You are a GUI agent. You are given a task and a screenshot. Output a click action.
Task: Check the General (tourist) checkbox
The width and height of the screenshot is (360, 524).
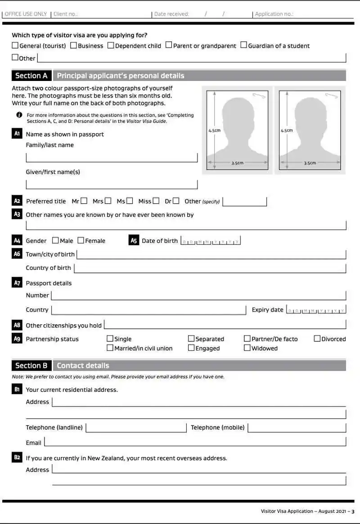pyautogui.click(x=15, y=45)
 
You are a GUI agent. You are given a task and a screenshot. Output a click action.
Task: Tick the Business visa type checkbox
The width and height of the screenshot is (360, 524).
pyautogui.click(x=73, y=45)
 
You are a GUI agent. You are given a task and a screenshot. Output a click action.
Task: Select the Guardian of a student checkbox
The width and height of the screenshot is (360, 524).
pyautogui.click(x=243, y=45)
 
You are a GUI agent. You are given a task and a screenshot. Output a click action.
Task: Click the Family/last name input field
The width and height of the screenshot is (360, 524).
pyautogui.click(x=112, y=157)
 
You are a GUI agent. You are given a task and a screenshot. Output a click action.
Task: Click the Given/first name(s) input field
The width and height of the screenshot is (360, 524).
pyautogui.click(x=112, y=184)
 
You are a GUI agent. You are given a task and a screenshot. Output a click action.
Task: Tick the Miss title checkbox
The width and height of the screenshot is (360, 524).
pyautogui.click(x=156, y=201)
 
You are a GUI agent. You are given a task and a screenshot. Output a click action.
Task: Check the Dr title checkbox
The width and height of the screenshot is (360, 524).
pyautogui.click(x=176, y=201)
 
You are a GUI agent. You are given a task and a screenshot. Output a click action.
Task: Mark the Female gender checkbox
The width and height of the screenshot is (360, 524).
pyautogui.click(x=81, y=241)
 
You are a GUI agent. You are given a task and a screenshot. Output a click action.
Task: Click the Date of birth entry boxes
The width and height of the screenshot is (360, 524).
pyautogui.click(x=211, y=241)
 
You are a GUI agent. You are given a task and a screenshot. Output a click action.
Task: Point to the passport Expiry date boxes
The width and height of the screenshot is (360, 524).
pyautogui.click(x=316, y=310)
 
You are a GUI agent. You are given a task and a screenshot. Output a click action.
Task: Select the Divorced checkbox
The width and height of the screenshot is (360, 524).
pyautogui.click(x=317, y=339)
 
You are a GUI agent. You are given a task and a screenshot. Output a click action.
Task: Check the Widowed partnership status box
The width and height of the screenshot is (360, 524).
pyautogui.click(x=247, y=348)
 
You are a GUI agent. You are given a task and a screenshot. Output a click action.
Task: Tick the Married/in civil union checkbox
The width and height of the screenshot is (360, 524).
pyautogui.click(x=110, y=348)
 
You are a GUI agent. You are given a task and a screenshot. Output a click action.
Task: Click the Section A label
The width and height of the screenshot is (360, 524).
pyautogui.click(x=31, y=76)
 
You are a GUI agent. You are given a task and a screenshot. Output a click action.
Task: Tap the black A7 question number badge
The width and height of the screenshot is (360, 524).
pyautogui.click(x=17, y=283)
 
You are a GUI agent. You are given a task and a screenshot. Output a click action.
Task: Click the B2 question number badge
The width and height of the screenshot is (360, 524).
pyautogui.click(x=17, y=458)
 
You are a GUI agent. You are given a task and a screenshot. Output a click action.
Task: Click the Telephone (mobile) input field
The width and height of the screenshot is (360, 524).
pyautogui.click(x=297, y=428)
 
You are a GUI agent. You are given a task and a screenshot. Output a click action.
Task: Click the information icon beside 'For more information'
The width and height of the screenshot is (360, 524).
pyautogui.click(x=19, y=115)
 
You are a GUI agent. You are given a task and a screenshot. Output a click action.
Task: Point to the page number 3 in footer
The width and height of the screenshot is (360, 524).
pyautogui.click(x=353, y=511)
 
